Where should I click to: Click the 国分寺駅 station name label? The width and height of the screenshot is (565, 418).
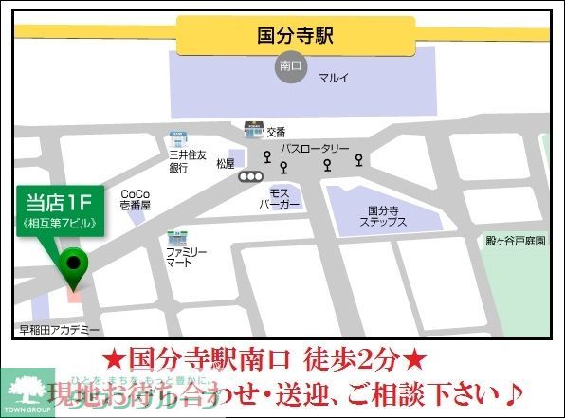click(x=296, y=36)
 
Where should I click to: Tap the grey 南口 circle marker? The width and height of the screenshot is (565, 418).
click(x=291, y=67)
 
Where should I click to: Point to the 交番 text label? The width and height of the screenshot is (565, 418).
click(x=276, y=132)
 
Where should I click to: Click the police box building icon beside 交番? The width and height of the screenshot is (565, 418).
click(x=253, y=129)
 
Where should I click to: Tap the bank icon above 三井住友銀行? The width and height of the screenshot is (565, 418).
click(x=177, y=138)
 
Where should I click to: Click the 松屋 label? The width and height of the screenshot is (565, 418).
click(x=226, y=164)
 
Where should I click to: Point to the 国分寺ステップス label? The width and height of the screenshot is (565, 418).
click(x=383, y=216)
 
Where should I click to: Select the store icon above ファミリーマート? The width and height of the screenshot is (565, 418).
click(x=175, y=236)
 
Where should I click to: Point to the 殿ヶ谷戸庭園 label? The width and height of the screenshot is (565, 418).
click(x=516, y=241)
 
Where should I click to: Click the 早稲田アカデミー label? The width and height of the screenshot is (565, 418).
click(x=60, y=331)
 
